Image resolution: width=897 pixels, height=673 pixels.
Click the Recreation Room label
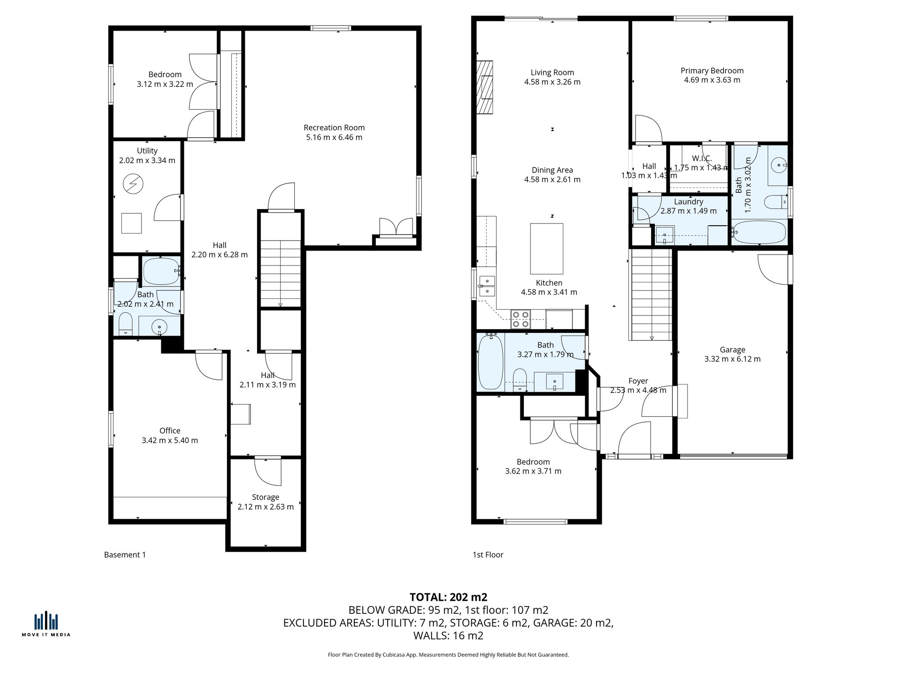pyautogui.click(x=334, y=128)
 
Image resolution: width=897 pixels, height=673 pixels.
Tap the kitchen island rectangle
pyautogui.click(x=547, y=248)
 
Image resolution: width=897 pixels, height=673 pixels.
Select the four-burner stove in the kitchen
pyautogui.click(x=521, y=319)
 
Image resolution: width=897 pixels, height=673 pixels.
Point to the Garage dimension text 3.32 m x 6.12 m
pyautogui.click(x=732, y=359)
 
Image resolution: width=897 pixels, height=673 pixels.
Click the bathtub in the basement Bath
pyautogui.click(x=161, y=272)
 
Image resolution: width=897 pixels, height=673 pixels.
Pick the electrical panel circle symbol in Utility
pyautogui.click(x=133, y=184)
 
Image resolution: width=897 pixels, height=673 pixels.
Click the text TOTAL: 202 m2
pyautogui.click(x=448, y=597)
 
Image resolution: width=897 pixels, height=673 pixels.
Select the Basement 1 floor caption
pyautogui.click(x=125, y=555)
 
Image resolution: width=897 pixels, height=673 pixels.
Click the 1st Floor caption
pyautogui.click(x=488, y=555)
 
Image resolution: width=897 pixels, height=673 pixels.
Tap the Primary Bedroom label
pyautogui.click(x=712, y=71)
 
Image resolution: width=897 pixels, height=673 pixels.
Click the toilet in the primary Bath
pyautogui.click(x=776, y=202)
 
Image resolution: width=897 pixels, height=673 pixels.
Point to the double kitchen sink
pyautogui.click(x=487, y=285)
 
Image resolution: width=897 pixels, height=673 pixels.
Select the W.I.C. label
pyautogui.click(x=702, y=158)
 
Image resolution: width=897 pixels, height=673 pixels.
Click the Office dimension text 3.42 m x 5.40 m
pyautogui.click(x=170, y=440)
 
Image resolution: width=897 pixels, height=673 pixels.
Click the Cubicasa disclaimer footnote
pyautogui.click(x=448, y=655)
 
